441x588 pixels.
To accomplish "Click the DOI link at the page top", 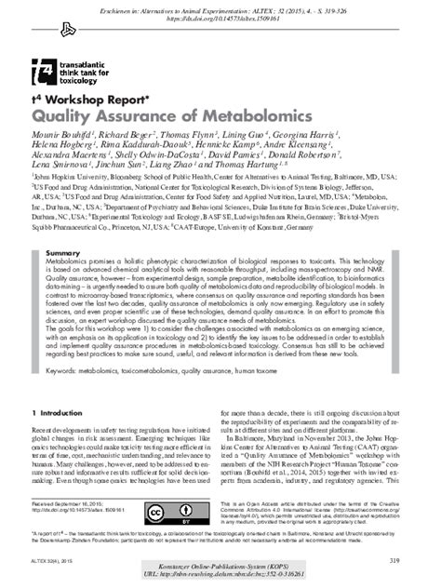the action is pos(221,17).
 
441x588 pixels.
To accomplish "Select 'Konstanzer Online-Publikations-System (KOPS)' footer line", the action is pos(220,568).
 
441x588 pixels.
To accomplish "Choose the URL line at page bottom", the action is pos(220,577).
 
